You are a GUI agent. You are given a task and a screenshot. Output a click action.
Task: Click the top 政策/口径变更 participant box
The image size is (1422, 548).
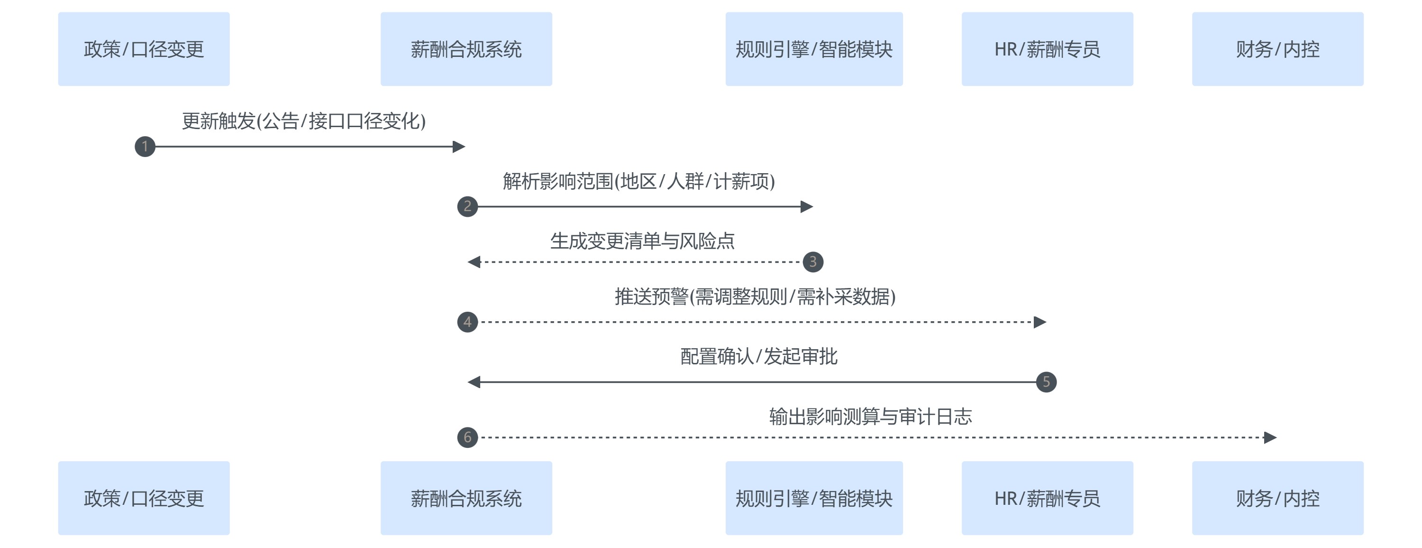(144, 49)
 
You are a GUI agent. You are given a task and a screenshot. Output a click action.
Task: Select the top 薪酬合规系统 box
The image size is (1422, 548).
(466, 49)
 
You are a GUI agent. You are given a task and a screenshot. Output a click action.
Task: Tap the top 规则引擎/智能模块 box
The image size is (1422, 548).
(814, 49)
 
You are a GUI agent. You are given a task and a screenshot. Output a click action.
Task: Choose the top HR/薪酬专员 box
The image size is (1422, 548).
(1047, 49)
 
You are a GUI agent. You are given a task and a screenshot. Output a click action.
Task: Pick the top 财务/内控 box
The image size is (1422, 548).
(1277, 49)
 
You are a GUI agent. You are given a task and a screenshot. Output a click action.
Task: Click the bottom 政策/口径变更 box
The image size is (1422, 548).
(144, 498)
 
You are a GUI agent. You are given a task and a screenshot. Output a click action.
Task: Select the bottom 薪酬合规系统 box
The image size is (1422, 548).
(466, 498)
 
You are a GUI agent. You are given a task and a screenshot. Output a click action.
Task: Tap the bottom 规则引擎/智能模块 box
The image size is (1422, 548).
(814, 498)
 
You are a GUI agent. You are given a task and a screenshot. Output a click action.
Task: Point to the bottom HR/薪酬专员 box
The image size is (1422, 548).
(1047, 498)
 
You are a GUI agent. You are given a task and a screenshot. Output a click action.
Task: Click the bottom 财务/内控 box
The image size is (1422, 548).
(1277, 498)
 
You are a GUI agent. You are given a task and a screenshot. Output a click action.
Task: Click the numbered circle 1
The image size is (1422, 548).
(145, 147)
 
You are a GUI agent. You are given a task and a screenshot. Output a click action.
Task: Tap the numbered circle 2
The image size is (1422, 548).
(467, 206)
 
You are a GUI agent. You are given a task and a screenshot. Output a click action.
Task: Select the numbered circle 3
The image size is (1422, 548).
(812, 262)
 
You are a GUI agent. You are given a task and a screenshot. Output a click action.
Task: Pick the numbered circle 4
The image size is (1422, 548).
(467, 322)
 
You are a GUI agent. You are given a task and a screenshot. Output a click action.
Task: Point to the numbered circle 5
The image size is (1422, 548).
(1046, 382)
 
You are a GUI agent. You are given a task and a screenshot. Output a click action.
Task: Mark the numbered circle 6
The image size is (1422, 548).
(467, 437)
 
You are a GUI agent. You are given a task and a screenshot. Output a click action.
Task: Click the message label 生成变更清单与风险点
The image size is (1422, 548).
(642, 241)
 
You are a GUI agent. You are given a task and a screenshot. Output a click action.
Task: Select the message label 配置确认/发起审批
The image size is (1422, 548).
(758, 356)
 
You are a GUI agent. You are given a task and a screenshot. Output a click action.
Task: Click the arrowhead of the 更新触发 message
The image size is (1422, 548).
(459, 147)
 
